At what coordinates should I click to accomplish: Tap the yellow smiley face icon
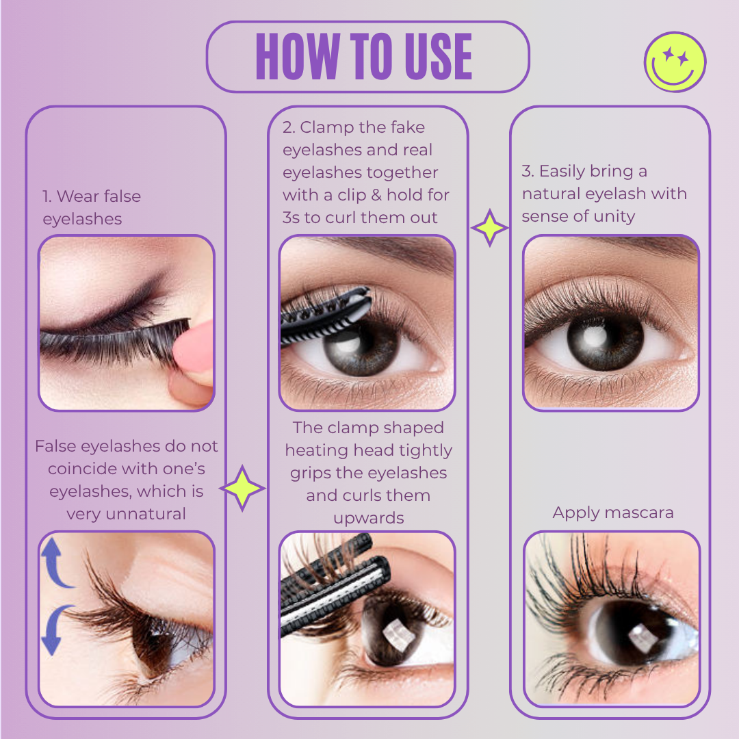[675, 62]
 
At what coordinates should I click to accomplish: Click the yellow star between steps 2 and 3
[490, 229]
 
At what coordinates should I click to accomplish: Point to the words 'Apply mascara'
[613, 513]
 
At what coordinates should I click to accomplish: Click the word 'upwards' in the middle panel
[368, 518]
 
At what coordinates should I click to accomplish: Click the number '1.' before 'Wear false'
[47, 196]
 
